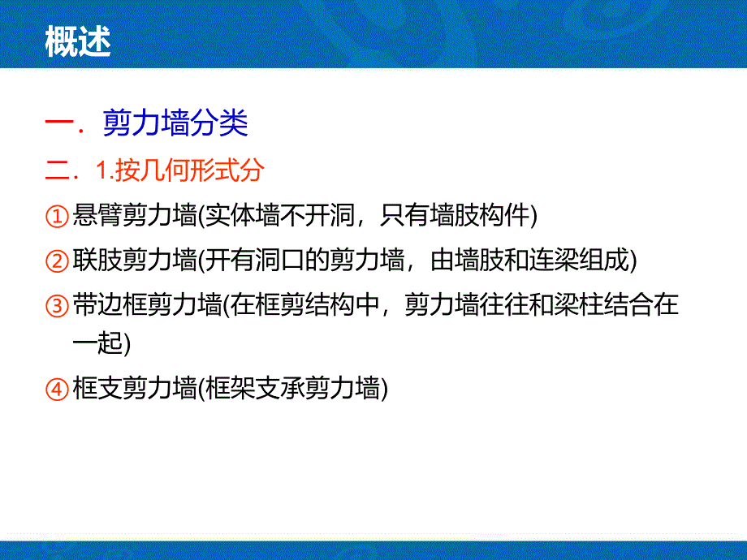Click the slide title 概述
point(78,43)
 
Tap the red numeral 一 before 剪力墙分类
point(63,125)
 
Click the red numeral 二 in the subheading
point(61,171)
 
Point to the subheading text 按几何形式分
point(190,171)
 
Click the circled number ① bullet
point(57,217)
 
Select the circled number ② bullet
point(57,261)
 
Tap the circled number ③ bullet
point(57,307)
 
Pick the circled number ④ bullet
point(57,390)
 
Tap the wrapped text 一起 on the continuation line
point(97,342)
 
